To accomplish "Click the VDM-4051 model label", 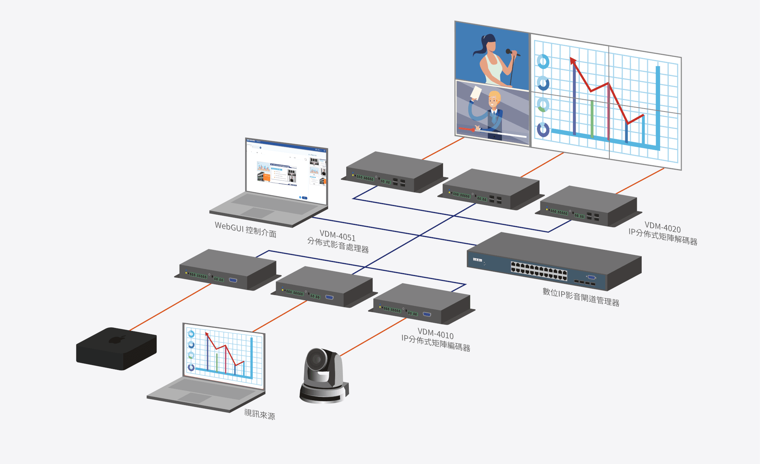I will tap(337, 236).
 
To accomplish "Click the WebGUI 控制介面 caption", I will tap(245, 229).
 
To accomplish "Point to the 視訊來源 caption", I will tap(259, 414).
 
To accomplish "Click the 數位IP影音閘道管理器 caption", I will tap(581, 297).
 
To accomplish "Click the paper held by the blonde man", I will tap(475, 93).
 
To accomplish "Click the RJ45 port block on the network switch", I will tap(539, 270).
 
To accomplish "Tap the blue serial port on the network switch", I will tap(591, 277).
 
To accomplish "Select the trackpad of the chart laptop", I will tap(194, 397).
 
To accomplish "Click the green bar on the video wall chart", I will tap(592, 119).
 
